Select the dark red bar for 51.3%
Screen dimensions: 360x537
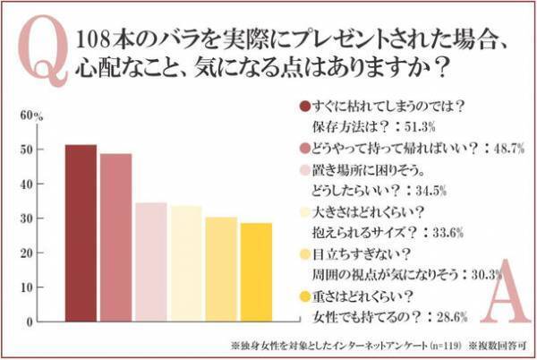coord(81,233)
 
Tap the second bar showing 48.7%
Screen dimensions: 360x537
coord(115,237)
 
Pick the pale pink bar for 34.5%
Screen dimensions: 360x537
coord(150,261)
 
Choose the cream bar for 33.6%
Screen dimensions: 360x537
coord(185,263)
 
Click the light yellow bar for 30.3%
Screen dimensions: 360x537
coord(220,269)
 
